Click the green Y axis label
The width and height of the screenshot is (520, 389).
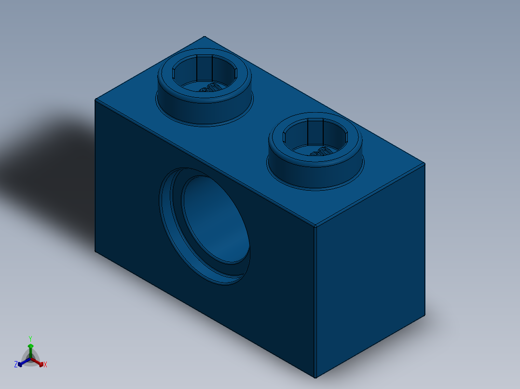pos(30,338)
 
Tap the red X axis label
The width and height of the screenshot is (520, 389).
pos(45,365)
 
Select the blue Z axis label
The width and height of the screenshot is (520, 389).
pos(16,364)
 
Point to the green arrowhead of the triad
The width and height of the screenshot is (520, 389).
pos(30,346)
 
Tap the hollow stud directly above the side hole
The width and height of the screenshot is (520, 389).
pos(205,87)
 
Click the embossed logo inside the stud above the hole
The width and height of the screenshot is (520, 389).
pos(209,89)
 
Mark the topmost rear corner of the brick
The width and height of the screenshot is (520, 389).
pos(205,37)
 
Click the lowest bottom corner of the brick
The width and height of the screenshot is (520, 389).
pos(315,377)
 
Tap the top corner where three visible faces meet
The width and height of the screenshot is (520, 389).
pos(315,226)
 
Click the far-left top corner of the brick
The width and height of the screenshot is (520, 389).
pos(96,100)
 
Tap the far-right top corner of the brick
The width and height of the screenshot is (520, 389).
pos(424,163)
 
